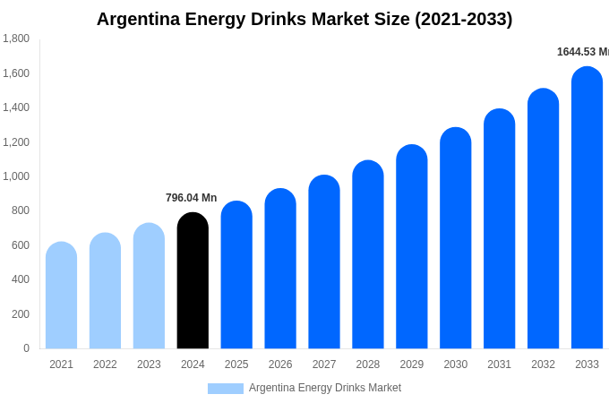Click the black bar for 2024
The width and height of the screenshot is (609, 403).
[x=193, y=281]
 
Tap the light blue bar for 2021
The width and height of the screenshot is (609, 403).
[x=61, y=296]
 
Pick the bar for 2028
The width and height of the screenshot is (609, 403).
[x=368, y=255]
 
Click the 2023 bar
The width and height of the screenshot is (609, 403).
[x=149, y=287]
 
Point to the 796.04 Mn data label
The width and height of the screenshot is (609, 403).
[x=191, y=198]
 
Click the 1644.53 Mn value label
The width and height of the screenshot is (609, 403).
[x=582, y=52]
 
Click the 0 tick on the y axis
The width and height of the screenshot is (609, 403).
[x=26, y=348]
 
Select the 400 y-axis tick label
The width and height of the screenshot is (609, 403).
[x=20, y=279]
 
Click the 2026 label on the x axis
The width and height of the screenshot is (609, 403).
[x=280, y=364]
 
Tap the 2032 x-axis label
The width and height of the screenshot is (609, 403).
[x=543, y=364]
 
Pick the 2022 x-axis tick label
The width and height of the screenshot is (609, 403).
[x=105, y=364]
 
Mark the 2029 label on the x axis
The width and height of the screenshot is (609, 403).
[x=412, y=364]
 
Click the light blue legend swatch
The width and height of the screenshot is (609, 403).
[x=226, y=389]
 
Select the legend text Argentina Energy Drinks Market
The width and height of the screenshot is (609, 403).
[x=325, y=388]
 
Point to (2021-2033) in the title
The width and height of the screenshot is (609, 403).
[x=463, y=19]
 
